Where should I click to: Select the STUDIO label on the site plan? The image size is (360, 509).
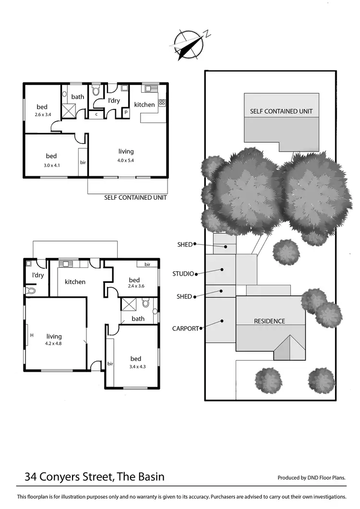point(183,274)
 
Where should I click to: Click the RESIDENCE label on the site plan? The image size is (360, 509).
point(269,321)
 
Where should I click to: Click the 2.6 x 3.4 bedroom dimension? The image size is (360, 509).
point(43,115)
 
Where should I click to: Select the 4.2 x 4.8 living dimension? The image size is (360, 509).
point(54,344)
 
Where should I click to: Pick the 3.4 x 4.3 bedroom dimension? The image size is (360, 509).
point(135,367)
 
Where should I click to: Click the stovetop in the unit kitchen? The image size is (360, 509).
point(162,102)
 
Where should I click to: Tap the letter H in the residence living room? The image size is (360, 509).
point(32,335)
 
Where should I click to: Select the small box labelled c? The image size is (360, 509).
point(96,114)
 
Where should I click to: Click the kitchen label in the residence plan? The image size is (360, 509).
point(75,282)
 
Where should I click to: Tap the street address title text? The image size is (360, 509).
point(95,477)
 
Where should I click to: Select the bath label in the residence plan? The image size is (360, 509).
point(138,318)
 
